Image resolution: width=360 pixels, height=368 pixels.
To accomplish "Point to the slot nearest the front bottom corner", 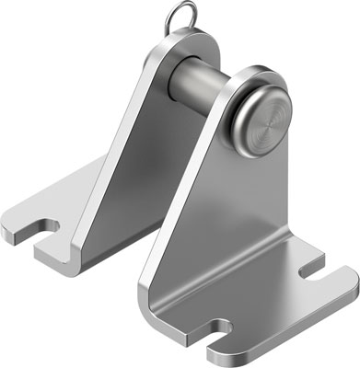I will tap(221, 328).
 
